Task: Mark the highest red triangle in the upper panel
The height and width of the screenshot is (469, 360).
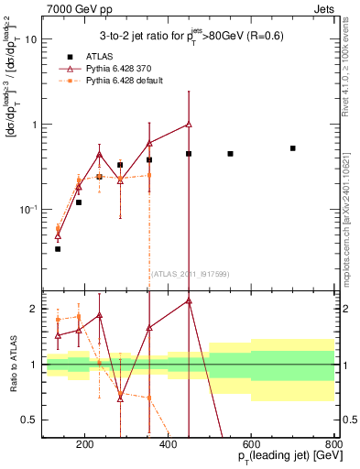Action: (x=189, y=124)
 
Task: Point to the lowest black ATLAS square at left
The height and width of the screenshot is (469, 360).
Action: (x=58, y=248)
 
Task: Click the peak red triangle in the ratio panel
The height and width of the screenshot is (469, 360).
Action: (x=189, y=300)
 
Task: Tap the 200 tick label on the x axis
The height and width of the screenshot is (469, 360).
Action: (x=84, y=445)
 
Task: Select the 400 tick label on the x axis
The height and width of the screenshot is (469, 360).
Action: (x=168, y=445)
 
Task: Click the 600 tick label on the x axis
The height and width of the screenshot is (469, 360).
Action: (x=251, y=445)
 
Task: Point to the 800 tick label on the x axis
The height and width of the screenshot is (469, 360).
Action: (x=334, y=445)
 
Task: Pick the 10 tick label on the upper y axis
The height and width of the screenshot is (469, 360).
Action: (x=30, y=40)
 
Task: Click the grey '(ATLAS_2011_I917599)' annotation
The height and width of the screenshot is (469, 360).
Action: (x=188, y=272)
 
